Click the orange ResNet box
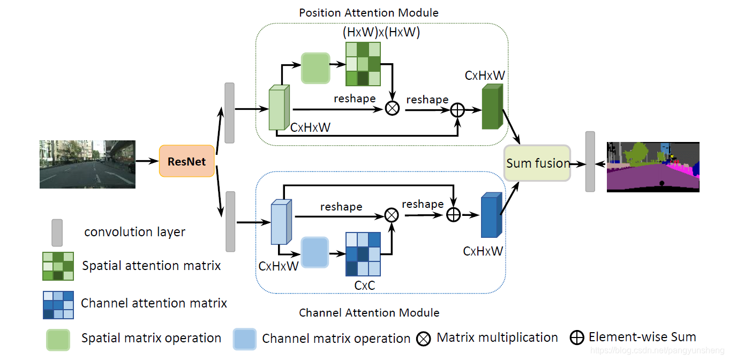186,161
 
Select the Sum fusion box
538,163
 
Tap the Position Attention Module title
369,12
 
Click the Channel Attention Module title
369,312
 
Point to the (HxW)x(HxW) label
381,32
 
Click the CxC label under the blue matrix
364,286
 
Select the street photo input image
87,164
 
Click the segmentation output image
653,167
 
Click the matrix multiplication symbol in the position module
393,108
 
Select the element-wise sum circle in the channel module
453,214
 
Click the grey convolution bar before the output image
590,161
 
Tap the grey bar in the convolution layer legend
57,232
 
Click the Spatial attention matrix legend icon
58,266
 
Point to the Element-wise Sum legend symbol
577,337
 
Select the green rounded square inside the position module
315,68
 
